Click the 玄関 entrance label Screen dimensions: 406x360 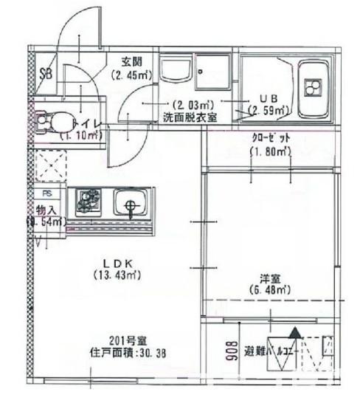coord(132,61)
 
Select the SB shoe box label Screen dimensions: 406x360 coord(46,73)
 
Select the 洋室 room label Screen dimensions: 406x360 coord(269,279)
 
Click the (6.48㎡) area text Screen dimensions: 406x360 coord(269,290)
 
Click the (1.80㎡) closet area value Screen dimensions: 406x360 coord(269,152)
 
